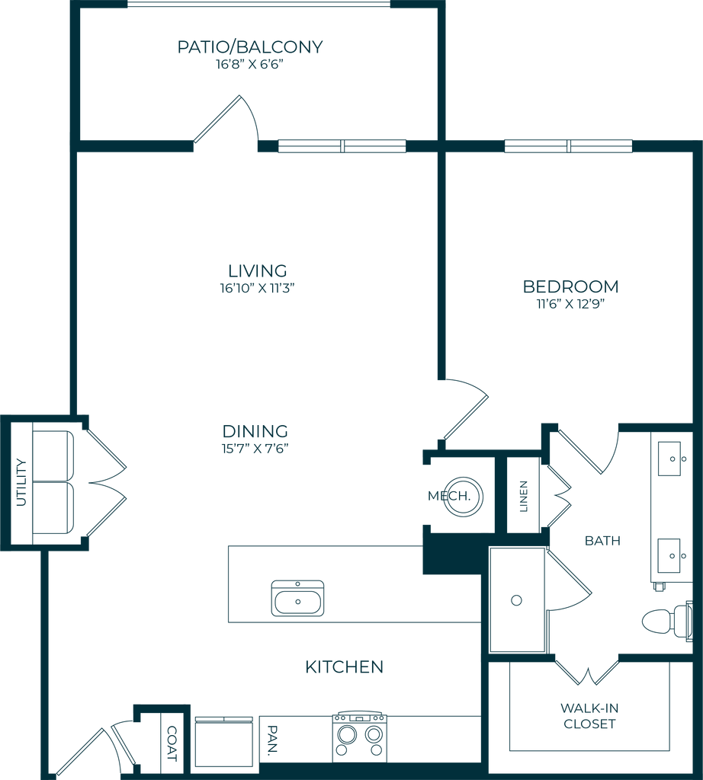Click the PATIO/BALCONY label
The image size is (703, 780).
(x=251, y=47)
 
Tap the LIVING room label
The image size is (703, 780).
(x=257, y=270)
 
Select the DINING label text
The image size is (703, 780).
(x=256, y=430)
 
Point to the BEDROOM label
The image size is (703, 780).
(x=571, y=286)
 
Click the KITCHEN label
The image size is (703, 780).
(x=344, y=667)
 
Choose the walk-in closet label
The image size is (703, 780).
(x=588, y=716)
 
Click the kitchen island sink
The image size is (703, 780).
(x=297, y=599)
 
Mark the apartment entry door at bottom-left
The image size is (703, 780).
(x=91, y=750)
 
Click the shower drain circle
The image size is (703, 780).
(x=517, y=599)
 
